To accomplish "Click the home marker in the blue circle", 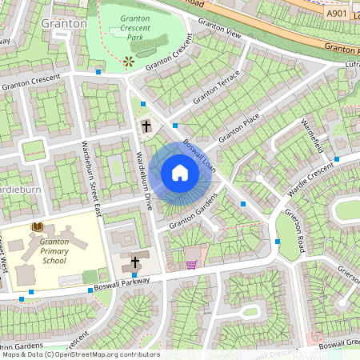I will (x=180, y=173).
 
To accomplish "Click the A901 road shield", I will (x=337, y=14).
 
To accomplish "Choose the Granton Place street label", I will (x=239, y=126).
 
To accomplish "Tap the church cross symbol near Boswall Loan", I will (x=146, y=126).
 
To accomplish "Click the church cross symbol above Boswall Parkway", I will (x=135, y=262).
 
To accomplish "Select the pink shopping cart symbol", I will (x=191, y=263).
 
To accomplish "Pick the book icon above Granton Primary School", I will (x=36, y=228).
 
